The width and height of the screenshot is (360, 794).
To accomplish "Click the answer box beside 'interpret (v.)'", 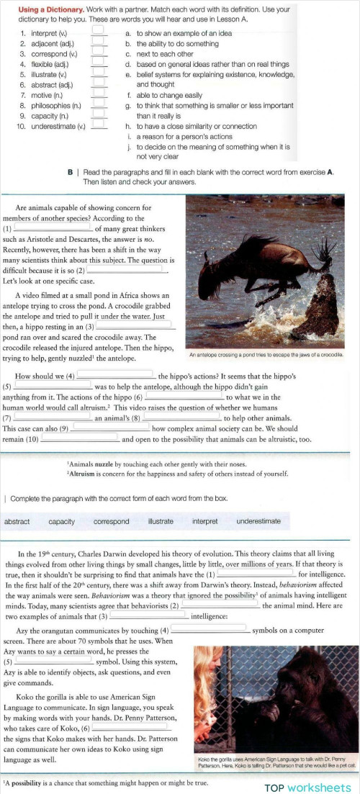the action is coord(99,33).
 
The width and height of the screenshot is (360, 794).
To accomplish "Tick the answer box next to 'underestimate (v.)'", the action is coord(99,125).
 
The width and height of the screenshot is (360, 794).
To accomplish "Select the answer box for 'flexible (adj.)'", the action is coord(99,63).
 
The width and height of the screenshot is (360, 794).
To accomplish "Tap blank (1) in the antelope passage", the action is coord(52,227).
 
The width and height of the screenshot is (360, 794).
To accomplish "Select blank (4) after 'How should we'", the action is coord(116,375).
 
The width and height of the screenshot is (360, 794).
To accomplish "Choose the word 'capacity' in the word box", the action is coord(62,521).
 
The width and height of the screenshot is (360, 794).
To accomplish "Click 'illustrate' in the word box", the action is coord(161,521).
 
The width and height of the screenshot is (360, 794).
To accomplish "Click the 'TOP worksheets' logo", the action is coord(307,787).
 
